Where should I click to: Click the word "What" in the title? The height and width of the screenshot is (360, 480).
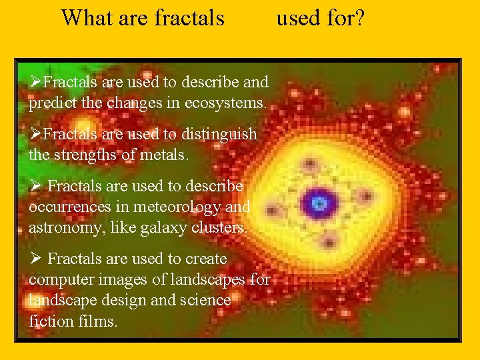tap(87, 18)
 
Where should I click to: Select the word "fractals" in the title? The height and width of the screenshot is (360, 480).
tap(189, 18)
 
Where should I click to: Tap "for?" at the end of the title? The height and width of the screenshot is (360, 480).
tap(345, 18)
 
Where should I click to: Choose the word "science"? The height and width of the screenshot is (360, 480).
tap(204, 301)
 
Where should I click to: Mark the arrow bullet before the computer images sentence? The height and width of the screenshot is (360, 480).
tap(35, 259)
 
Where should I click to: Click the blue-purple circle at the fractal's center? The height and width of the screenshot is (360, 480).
tap(319, 203)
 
